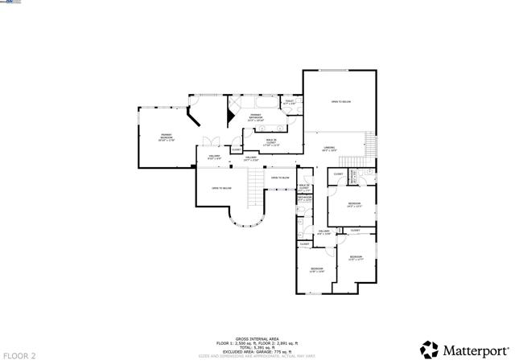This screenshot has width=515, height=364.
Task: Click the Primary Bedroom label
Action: point(167,137)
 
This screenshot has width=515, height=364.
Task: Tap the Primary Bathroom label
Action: point(256,117)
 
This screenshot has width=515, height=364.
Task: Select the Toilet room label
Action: point(289,102)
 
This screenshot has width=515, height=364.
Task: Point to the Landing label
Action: point(329,149)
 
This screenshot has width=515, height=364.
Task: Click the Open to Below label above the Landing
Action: point(340,101)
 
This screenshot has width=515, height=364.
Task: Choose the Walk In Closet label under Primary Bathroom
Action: point(271,142)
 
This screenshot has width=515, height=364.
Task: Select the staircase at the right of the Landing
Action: point(370,146)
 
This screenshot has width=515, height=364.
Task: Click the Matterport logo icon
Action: point(429,350)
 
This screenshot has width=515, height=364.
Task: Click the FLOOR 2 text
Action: point(19,354)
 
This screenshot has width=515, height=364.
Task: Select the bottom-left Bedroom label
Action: point(316,269)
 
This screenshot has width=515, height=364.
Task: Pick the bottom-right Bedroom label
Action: point(356,258)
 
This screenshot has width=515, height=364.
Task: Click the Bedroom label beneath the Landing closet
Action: point(354,204)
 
